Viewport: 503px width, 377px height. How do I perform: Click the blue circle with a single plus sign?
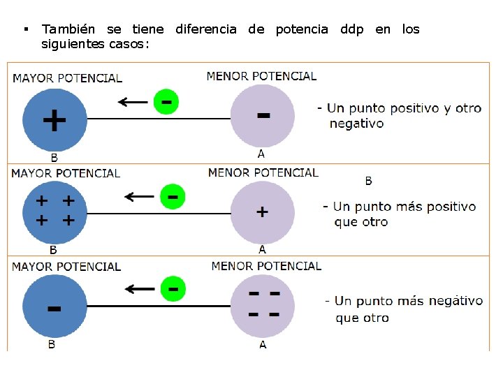pos(54,119)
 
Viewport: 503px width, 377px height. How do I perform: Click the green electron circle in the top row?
pos(166,102)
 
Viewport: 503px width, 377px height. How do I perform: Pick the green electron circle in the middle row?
pos(173,196)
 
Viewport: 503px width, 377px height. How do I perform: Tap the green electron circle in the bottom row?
pos(173,288)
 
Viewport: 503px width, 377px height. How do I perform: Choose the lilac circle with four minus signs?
pos(263,306)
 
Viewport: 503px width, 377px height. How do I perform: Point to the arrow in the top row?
pos(132,103)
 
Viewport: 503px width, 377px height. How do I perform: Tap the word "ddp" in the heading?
pos(351,29)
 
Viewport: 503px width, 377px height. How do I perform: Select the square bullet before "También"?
pos(25,29)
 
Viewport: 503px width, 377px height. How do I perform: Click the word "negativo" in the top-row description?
pos(356,124)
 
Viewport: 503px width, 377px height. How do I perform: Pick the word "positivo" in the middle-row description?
pos(443,207)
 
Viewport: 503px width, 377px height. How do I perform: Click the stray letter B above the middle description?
pos(369,181)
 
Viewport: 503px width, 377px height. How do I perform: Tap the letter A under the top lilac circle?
pos(261,154)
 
